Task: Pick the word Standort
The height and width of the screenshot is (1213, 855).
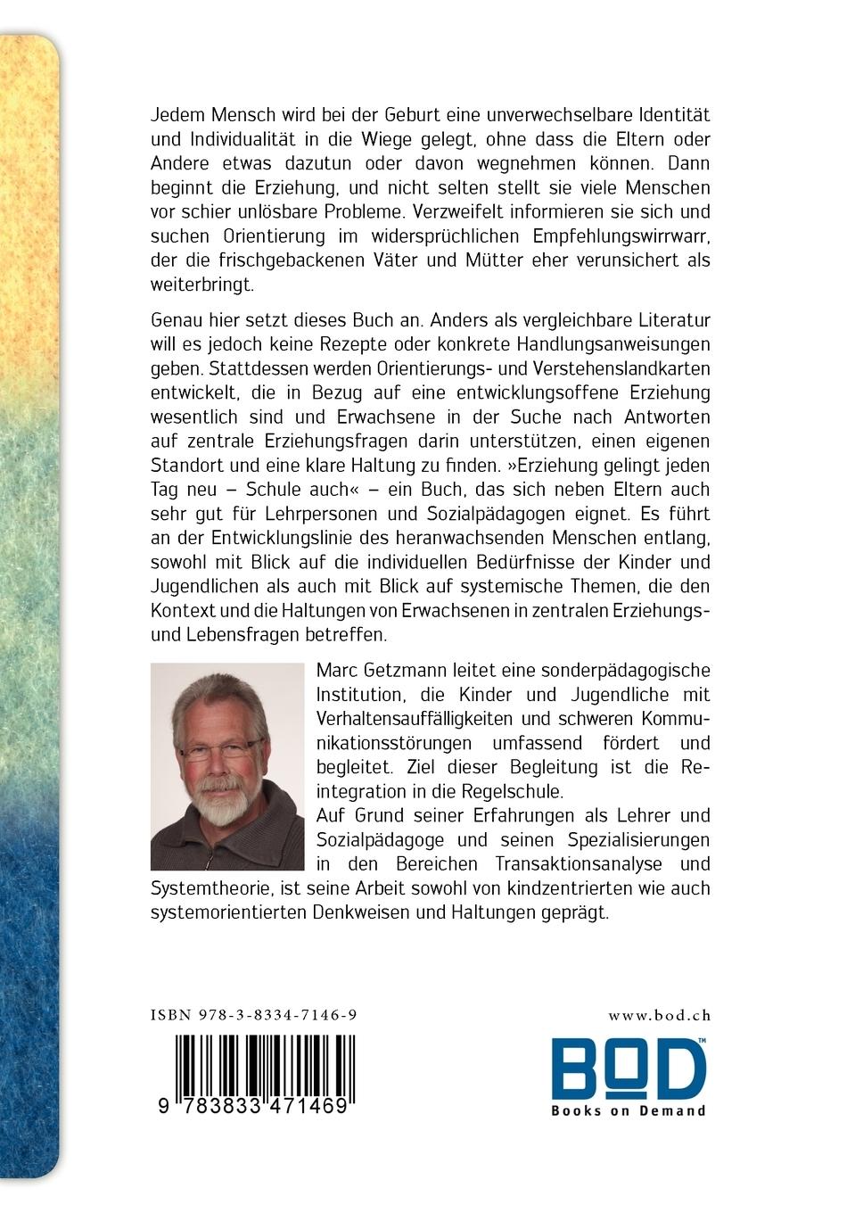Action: [182, 465]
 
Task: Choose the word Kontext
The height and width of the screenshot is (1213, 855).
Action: [181, 611]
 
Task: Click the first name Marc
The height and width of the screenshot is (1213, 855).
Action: [339, 670]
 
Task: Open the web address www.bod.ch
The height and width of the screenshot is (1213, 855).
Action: [659, 1014]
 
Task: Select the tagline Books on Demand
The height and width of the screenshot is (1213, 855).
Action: [628, 1110]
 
